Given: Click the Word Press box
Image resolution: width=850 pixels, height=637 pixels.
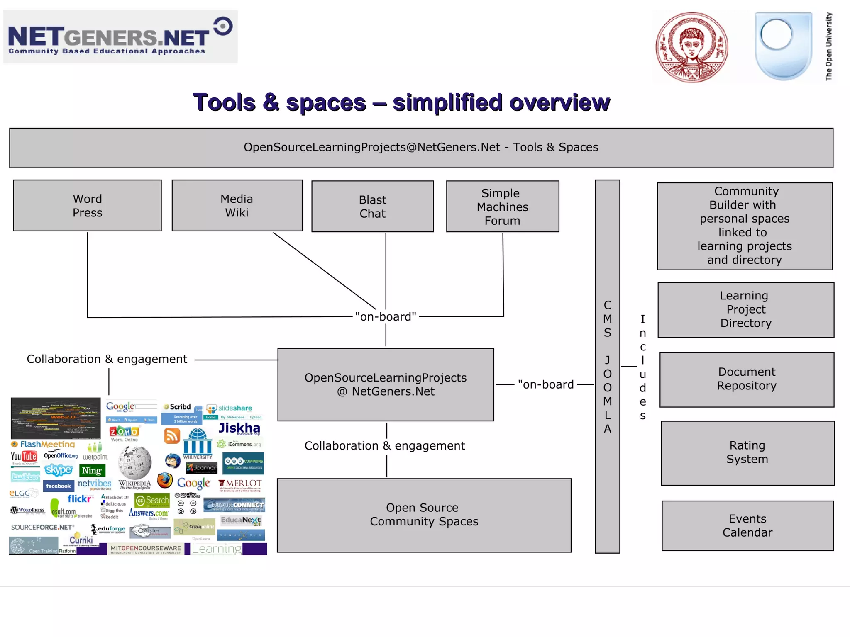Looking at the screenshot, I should pyautogui.click(x=87, y=206).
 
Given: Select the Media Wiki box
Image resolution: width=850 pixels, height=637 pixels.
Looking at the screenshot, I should pyautogui.click(x=237, y=206).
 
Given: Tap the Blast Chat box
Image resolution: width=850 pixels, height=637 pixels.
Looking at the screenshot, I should pyautogui.click(x=372, y=207).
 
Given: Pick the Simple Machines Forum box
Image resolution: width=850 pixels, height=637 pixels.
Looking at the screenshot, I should pyautogui.click(x=502, y=207).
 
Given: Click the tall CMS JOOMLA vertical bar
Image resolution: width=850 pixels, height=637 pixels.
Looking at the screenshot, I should pyautogui.click(x=607, y=367).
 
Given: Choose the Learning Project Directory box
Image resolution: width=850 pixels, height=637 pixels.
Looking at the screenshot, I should pyautogui.click(x=746, y=310).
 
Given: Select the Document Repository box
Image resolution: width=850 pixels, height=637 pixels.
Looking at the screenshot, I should pyautogui.click(x=747, y=379).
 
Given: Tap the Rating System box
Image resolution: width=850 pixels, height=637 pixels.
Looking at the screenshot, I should pyautogui.click(x=747, y=452).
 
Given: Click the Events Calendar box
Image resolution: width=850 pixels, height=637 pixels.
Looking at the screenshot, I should pyautogui.click(x=747, y=526).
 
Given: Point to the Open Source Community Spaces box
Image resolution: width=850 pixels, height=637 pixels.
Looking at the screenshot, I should pyautogui.click(x=424, y=515).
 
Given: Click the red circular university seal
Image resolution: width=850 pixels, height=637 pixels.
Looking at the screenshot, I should pyautogui.click(x=692, y=47).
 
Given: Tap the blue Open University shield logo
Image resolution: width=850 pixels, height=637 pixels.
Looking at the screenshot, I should pyautogui.click(x=783, y=46).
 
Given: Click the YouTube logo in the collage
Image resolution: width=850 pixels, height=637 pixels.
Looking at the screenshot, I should pyautogui.click(x=24, y=457).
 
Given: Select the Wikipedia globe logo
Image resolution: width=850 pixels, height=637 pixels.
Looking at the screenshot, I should pyautogui.click(x=134, y=462).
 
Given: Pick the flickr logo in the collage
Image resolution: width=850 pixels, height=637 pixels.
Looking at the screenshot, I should pyautogui.click(x=80, y=498).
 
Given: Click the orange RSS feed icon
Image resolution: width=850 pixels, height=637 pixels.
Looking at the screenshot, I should pyautogui.click(x=172, y=436).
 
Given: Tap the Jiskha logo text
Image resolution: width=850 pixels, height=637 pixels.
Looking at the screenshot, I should pyautogui.click(x=239, y=428).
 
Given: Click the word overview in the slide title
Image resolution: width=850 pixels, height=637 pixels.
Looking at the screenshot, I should pyautogui.click(x=559, y=102).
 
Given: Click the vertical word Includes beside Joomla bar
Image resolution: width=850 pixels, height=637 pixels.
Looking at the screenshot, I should pyautogui.click(x=642, y=367).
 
